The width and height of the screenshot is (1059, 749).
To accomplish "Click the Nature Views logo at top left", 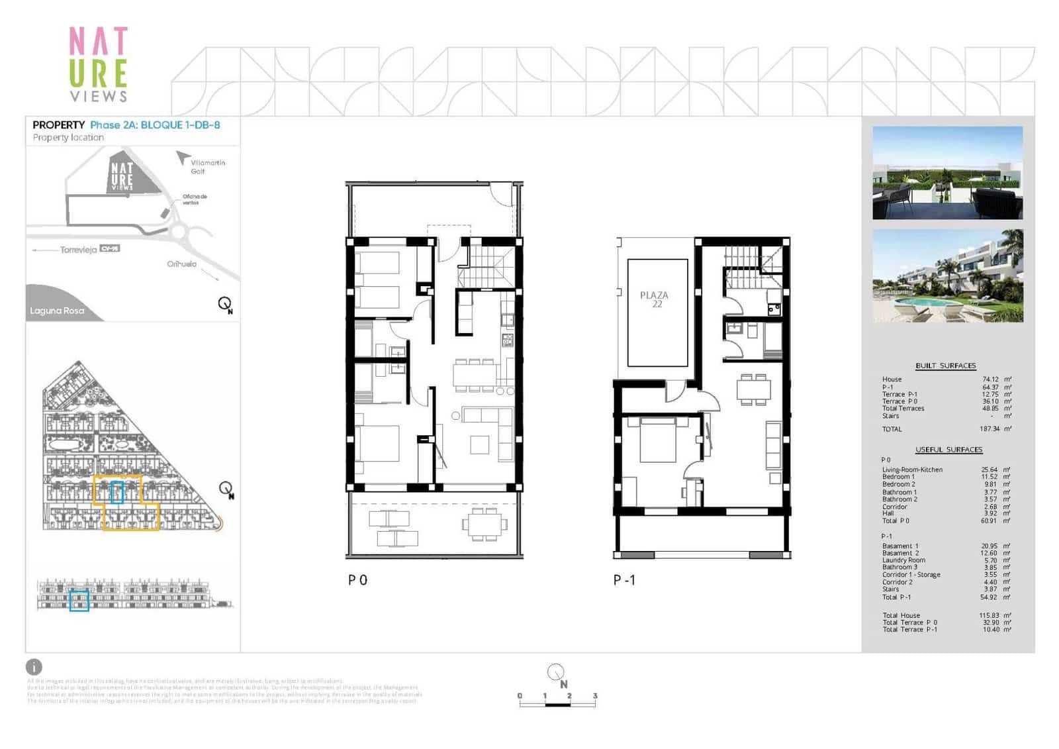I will click(98, 64).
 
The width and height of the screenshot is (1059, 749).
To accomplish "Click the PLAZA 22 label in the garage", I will click(654, 299).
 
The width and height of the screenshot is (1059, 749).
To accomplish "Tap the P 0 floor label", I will click(357, 580).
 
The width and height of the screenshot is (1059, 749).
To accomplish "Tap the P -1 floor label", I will click(624, 580).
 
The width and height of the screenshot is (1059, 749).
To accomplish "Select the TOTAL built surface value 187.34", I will click(990, 429).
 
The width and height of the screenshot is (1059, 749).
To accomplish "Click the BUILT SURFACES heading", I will click(945, 366).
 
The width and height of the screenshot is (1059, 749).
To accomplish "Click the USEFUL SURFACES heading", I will click(948, 450).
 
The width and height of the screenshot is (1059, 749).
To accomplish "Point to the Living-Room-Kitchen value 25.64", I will click(990, 470).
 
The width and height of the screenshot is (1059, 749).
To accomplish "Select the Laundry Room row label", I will click(903, 560).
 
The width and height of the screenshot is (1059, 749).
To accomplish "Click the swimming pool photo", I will click(948, 276).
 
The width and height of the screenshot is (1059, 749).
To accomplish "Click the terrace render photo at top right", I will click(948, 172).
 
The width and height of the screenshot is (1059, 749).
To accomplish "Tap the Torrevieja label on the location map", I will click(78, 250).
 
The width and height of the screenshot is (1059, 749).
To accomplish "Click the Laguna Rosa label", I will click(57, 311).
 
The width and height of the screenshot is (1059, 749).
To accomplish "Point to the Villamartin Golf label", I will click(207, 167).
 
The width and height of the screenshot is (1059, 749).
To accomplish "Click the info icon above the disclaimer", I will click(34, 667).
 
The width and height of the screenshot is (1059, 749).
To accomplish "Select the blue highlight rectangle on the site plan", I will click(117, 492).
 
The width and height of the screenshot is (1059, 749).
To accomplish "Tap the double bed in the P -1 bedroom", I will click(657, 440).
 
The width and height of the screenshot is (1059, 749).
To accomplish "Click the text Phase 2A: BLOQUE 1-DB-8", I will click(155, 125).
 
